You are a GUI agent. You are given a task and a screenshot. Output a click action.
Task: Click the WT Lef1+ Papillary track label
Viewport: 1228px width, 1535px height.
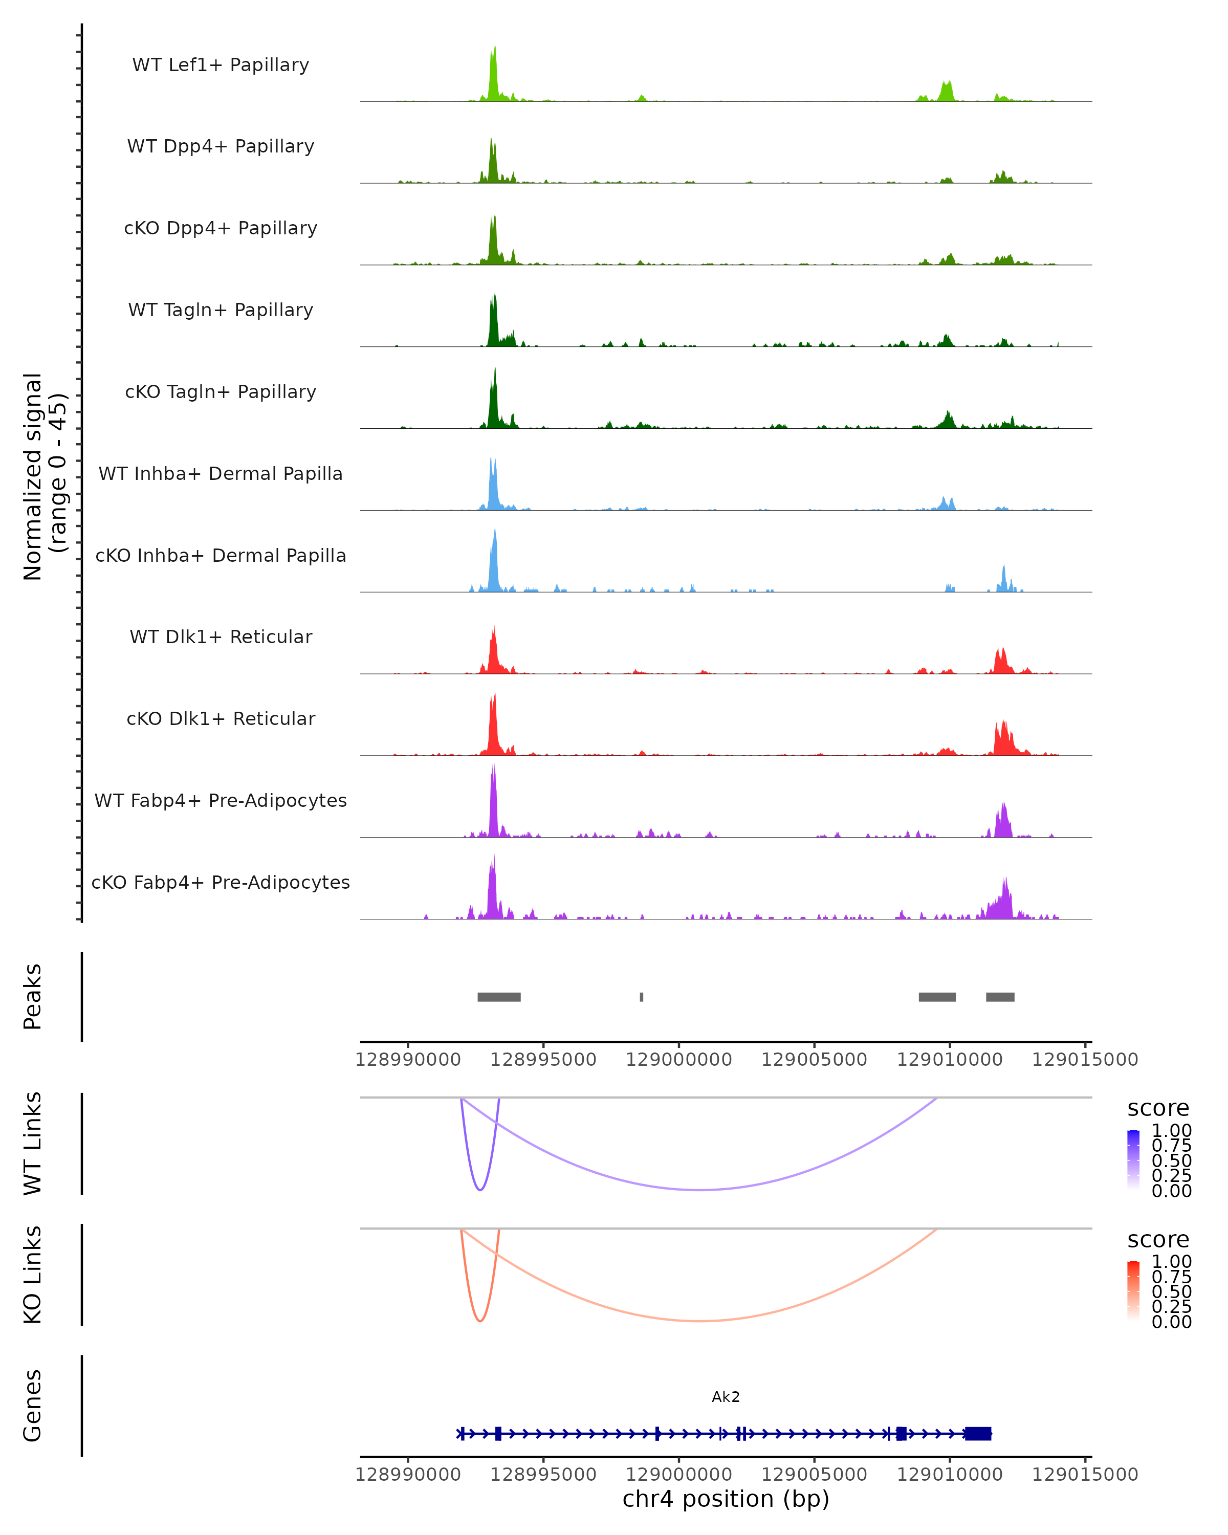221,65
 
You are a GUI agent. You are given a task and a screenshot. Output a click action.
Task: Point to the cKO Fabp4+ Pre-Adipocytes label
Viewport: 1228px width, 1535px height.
221,882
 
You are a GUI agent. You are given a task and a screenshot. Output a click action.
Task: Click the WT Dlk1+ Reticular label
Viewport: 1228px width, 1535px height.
221,637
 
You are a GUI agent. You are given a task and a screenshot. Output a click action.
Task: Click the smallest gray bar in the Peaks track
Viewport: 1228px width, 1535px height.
642,997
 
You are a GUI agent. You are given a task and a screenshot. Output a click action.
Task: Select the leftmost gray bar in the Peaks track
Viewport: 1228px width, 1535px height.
499,997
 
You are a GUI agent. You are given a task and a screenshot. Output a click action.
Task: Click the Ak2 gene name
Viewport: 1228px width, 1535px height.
726,1397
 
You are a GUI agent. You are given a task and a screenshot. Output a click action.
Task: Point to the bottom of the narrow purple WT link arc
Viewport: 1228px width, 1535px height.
480,1190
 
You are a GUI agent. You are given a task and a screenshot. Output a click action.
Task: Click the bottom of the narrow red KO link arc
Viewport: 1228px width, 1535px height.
480,1321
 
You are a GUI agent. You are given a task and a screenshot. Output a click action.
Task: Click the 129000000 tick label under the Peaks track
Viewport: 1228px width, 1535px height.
678,1060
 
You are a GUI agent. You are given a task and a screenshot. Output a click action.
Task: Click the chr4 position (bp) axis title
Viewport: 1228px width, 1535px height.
726,1499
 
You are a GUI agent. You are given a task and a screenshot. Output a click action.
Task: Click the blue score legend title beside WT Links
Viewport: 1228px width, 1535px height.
1157,1109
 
